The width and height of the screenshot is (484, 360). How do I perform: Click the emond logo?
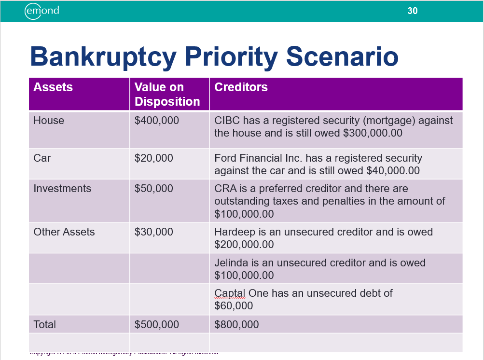[42, 11]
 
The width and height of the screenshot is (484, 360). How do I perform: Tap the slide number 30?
[412, 11]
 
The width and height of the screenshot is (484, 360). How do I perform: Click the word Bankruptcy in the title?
[103, 57]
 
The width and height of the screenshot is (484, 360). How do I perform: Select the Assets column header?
[53, 87]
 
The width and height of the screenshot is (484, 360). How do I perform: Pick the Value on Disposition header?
[167, 94]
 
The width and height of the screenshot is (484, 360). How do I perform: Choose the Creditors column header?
[241, 87]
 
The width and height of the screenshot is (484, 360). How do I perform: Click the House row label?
[48, 121]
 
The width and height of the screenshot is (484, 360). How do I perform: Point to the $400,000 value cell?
[156, 121]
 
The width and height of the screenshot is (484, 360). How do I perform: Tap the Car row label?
[42, 158]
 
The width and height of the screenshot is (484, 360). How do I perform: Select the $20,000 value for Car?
[153, 158]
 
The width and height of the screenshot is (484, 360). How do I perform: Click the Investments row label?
[62, 189]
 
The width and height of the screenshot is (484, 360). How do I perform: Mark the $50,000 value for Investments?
[153, 189]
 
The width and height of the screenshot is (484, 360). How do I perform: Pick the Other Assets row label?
[64, 232]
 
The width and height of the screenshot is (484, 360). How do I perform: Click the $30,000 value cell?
[153, 232]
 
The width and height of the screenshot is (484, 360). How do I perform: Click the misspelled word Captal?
[230, 293]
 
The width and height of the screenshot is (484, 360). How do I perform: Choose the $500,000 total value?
[156, 325]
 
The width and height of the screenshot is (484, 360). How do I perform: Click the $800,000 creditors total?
[236, 325]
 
